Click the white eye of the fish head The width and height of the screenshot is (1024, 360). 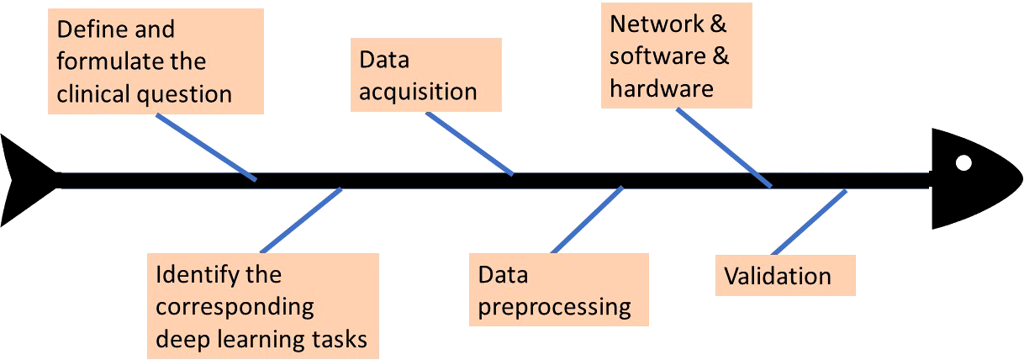[x=963, y=162]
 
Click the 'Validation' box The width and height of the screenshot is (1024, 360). [x=784, y=276]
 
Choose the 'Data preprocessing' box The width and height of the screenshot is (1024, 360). [x=559, y=290]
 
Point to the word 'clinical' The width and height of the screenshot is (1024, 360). [x=92, y=93]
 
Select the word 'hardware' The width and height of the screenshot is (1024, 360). [x=662, y=88]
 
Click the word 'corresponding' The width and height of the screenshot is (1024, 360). [x=235, y=306]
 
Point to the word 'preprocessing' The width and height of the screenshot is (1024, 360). [x=555, y=306]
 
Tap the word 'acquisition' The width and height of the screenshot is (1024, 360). [x=418, y=92]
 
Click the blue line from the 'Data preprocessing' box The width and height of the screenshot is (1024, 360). [x=587, y=220]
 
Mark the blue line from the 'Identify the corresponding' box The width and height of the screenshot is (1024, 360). [x=300, y=220]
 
